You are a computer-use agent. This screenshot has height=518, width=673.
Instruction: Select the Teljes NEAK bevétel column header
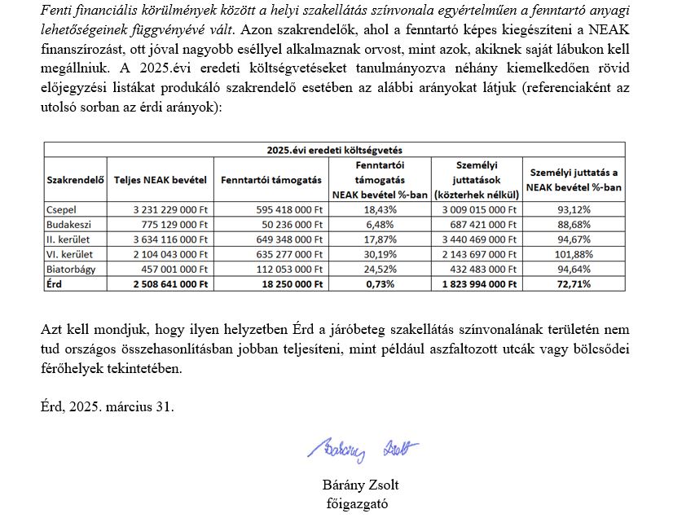(161, 179)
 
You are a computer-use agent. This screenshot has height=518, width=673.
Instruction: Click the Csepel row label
(62, 210)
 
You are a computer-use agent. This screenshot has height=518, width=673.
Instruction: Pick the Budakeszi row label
(69, 225)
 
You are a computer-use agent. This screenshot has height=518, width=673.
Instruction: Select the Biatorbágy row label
(71, 268)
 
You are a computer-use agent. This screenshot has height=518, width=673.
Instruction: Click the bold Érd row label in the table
(56, 283)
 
